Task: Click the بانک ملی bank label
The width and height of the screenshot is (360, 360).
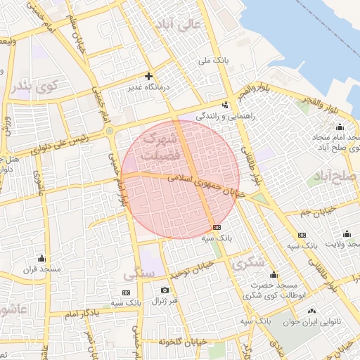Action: [x=214, y=61]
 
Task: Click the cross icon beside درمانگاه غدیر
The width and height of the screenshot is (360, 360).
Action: [x=148, y=75]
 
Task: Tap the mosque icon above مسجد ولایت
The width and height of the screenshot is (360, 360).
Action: [x=346, y=234]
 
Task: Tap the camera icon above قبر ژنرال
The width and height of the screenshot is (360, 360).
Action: [x=165, y=290]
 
